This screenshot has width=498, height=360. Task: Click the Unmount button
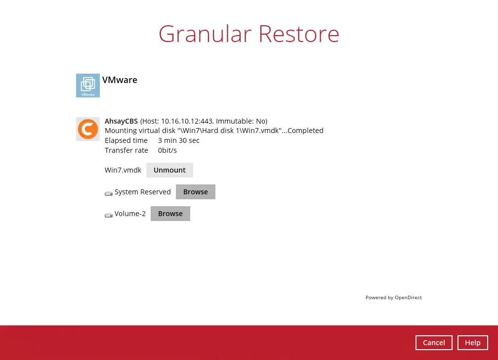pyautogui.click(x=169, y=170)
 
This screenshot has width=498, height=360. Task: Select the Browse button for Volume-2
pyautogui.click(x=170, y=214)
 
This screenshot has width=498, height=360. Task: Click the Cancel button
pyautogui.click(x=434, y=343)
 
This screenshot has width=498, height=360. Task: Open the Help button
pyautogui.click(x=473, y=343)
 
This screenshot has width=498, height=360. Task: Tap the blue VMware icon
pyautogui.click(x=88, y=86)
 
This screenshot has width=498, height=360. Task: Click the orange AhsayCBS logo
pyautogui.click(x=88, y=129)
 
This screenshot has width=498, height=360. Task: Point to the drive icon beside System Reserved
pyautogui.click(x=109, y=193)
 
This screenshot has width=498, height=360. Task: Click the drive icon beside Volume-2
pyautogui.click(x=109, y=215)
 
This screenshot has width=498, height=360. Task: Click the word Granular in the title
pyautogui.click(x=205, y=34)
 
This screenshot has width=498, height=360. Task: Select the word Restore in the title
pyautogui.click(x=299, y=34)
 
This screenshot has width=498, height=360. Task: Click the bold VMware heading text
pyautogui.click(x=120, y=80)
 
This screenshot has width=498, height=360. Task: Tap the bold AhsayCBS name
pyautogui.click(x=122, y=121)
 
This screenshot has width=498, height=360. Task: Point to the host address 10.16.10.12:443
pyautogui.click(x=187, y=121)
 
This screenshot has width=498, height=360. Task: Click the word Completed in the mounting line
pyautogui.click(x=305, y=131)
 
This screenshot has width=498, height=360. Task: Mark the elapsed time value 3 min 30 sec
pyautogui.click(x=179, y=140)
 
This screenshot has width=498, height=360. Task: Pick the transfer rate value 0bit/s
pyautogui.click(x=167, y=150)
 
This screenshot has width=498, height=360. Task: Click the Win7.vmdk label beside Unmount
pyautogui.click(x=123, y=170)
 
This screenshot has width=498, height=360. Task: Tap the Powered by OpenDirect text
pyautogui.click(x=394, y=298)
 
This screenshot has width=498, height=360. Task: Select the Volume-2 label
pyautogui.click(x=130, y=214)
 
